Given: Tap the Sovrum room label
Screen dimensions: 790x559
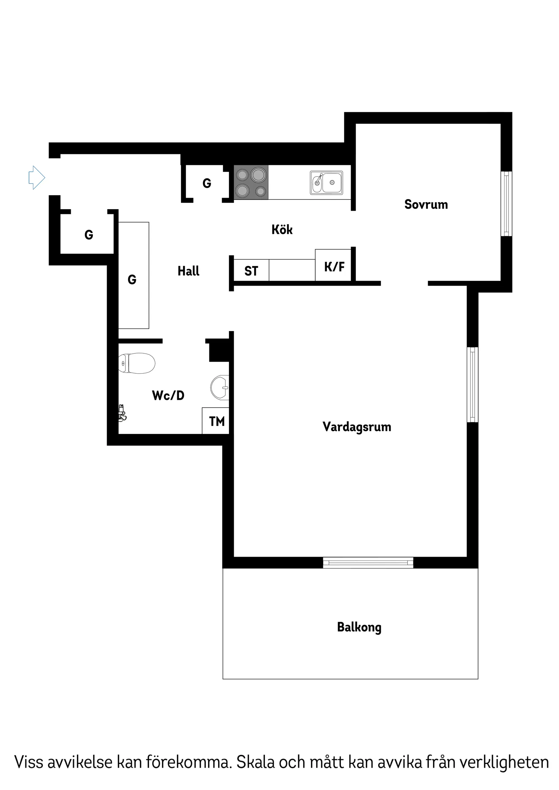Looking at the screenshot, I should point(426,204).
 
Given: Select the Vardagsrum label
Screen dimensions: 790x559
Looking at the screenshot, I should point(356,427).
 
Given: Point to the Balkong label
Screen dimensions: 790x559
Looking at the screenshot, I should point(359,627).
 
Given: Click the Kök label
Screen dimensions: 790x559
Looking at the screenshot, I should point(282,229).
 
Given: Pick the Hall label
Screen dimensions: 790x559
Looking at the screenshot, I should point(188,271).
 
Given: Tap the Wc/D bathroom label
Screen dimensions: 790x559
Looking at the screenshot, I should point(168,395).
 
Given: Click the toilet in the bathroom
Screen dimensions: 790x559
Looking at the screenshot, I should point(137,363).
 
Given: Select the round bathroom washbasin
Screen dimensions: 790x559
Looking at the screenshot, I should point(220,388).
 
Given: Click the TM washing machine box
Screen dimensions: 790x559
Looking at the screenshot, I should point(216,421).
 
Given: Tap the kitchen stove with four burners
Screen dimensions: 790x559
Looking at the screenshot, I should point(251,182).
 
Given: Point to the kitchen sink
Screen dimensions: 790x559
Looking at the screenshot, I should point(326,182).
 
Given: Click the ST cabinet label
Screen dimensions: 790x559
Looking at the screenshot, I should point(251,271).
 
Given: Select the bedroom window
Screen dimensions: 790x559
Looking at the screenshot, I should point(506,204).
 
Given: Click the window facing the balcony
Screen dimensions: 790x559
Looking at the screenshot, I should point(368,563).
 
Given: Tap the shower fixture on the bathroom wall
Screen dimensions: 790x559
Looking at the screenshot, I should point(122,413).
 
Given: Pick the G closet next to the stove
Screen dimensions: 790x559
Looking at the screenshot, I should point(207,183).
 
